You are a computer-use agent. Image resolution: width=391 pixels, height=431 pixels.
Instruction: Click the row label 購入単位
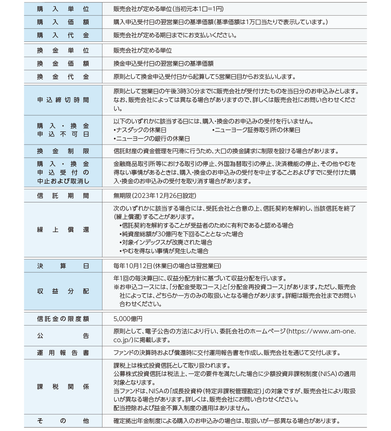tap(63, 9)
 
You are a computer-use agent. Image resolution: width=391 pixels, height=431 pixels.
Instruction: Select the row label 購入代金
tap(63, 35)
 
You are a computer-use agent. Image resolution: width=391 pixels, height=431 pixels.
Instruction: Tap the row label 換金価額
tap(63, 64)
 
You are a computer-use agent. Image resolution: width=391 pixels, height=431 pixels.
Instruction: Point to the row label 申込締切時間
tap(63, 100)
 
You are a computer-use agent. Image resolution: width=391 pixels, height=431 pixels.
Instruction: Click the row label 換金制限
tap(63, 151)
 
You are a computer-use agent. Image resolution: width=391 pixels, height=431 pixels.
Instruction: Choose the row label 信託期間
tap(63, 196)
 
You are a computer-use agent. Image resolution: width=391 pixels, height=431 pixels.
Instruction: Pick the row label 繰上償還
tap(63, 230)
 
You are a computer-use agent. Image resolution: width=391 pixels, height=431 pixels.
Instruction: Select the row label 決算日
tap(63, 266)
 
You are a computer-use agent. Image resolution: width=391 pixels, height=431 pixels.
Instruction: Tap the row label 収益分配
tap(63, 291)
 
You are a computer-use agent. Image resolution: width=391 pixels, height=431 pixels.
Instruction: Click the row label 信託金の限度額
tap(63, 319)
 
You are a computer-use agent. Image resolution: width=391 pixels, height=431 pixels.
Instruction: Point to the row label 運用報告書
tap(63, 353)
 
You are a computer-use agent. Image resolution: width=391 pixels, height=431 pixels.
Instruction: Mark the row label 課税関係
tap(63, 387)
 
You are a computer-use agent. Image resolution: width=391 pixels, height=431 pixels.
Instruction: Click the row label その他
tap(63, 421)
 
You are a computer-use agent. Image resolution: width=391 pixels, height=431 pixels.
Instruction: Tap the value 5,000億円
tap(128, 319)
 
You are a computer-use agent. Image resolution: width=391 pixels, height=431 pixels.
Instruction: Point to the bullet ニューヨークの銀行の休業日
tap(152, 139)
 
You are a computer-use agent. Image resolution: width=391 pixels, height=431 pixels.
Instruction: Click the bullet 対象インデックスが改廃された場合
tap(166, 242)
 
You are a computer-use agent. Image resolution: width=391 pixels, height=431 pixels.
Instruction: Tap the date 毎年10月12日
tap(133, 266)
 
